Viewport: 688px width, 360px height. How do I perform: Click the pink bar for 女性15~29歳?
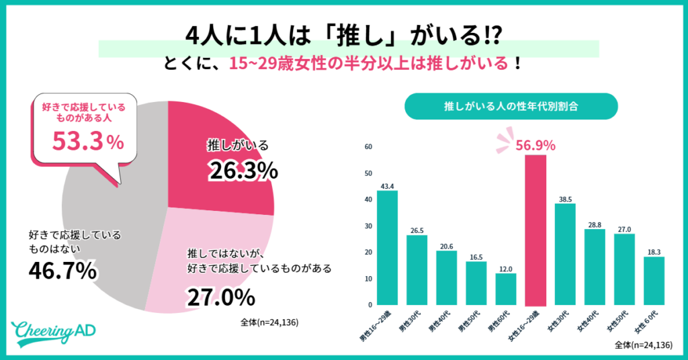point(535,230)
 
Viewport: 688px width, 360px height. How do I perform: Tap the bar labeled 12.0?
point(505,289)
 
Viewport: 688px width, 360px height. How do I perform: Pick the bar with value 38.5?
point(565,254)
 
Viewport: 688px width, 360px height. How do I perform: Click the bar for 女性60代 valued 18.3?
point(654,280)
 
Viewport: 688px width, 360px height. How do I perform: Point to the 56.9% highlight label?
point(535,145)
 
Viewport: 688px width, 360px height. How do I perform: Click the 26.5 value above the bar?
point(417,230)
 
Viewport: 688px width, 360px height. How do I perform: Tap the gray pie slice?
point(107,222)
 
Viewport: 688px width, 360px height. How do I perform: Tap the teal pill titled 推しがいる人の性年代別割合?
point(511,106)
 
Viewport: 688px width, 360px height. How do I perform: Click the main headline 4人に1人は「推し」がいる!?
point(344,34)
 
